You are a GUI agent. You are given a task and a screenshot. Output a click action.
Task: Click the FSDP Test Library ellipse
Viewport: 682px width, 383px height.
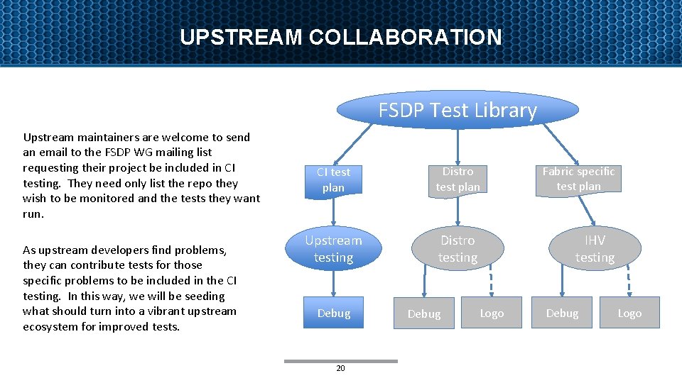tap(458, 110)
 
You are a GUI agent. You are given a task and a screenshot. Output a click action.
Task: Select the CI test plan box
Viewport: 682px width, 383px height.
tap(333, 179)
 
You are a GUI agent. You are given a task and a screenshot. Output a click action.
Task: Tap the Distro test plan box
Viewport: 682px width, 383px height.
tap(458, 179)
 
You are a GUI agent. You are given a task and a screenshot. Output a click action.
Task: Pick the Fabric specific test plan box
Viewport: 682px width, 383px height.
tap(578, 179)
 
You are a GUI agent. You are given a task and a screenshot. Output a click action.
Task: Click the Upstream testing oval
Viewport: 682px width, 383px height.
tap(333, 249)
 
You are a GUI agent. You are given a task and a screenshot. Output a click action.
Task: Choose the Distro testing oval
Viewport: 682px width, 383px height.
tap(458, 249)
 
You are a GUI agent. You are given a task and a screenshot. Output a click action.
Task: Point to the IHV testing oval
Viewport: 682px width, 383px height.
tap(595, 249)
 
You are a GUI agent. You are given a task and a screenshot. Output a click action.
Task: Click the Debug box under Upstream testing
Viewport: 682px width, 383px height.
tap(333, 313)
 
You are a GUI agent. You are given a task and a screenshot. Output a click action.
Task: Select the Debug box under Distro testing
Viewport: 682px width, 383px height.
tap(424, 313)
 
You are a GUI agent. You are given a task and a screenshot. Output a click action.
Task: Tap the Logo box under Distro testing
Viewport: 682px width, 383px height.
tap(492, 313)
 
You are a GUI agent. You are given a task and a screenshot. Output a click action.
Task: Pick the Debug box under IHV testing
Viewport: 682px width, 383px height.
tap(562, 313)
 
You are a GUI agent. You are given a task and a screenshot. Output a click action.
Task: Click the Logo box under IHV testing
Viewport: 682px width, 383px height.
tap(629, 313)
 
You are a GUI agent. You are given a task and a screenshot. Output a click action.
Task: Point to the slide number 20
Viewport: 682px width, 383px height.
tap(340, 368)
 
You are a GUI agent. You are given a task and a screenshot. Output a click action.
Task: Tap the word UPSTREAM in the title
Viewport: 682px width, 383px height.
tap(241, 37)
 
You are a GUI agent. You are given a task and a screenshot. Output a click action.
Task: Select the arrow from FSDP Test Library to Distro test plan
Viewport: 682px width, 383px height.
tap(458, 145)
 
